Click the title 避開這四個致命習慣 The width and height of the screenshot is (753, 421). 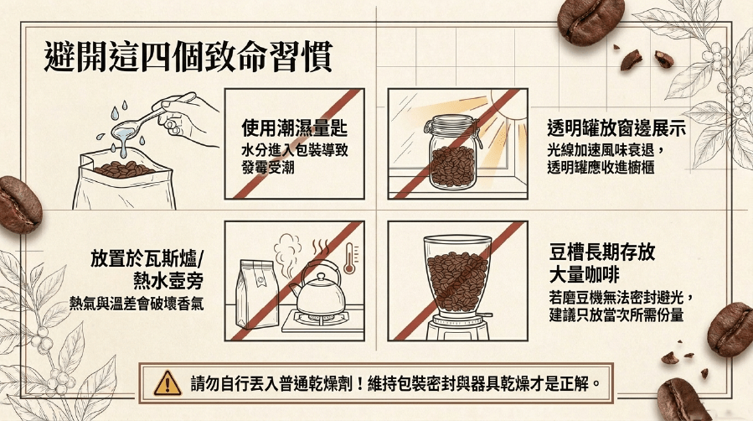188,57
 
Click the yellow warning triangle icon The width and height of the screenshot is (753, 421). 168,383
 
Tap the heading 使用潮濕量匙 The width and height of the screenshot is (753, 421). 294,127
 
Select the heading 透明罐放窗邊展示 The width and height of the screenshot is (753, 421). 616,127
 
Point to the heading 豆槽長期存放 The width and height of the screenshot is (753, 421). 602,252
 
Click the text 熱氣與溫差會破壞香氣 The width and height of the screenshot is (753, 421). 137,304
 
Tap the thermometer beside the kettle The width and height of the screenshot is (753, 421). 350,258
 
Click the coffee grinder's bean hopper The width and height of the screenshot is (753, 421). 457,274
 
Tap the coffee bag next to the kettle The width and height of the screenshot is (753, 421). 257,294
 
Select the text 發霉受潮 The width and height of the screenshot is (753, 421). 268,168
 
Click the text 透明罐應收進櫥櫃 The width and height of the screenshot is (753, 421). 601,167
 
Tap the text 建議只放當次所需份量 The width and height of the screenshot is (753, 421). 616,315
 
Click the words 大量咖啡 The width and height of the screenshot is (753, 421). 584,275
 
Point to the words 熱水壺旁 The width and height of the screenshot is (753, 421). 168,280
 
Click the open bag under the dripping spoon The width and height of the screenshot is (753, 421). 124,180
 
